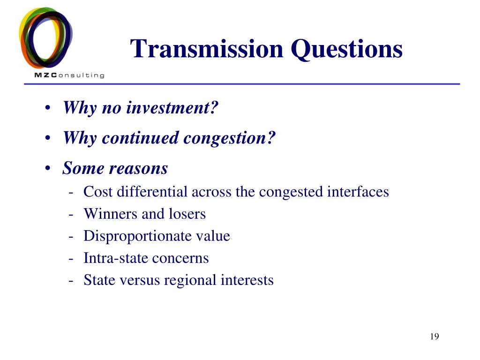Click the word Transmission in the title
(x=207, y=49)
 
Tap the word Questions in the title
(x=346, y=50)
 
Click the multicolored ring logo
(x=45, y=38)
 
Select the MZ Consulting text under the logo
(x=69, y=75)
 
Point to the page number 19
(x=435, y=337)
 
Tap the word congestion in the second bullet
(x=229, y=138)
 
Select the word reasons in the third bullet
(x=138, y=169)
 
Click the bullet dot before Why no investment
(x=47, y=108)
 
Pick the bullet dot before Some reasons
(x=47, y=168)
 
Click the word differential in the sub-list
(x=152, y=192)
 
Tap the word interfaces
(x=358, y=192)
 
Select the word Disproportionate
(x=137, y=236)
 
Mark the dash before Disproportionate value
(x=71, y=237)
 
